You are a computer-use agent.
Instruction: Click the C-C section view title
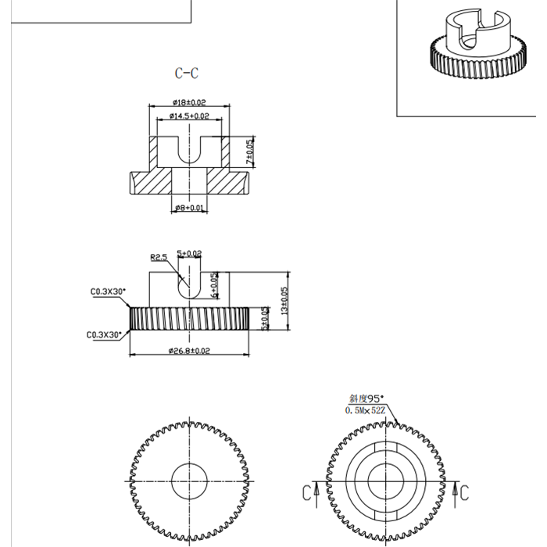187,73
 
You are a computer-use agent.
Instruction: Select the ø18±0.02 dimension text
188,102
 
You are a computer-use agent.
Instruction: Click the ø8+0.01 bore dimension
190,208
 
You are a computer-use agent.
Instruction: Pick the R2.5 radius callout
159,256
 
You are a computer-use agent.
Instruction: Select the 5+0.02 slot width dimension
190,253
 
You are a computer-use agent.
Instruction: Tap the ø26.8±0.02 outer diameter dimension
189,351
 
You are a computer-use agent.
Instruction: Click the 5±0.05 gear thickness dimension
265,319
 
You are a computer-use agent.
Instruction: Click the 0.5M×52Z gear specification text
366,409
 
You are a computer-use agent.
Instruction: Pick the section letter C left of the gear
306,493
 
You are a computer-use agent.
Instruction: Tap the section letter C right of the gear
463,492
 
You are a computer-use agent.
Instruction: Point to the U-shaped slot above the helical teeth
188,281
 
